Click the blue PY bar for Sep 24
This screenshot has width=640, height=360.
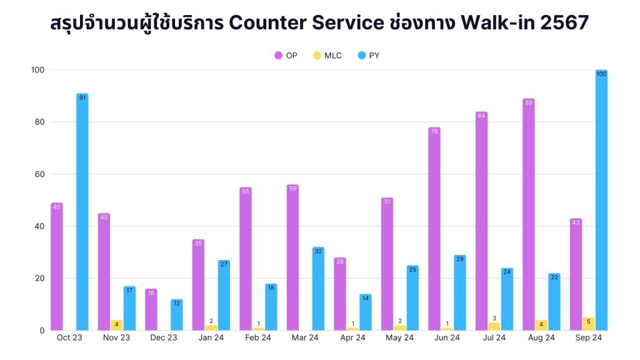coord(601,200)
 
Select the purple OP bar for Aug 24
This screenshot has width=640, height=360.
coord(529,214)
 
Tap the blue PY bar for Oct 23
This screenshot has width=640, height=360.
coord(82,212)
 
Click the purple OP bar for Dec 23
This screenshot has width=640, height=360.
coord(151,309)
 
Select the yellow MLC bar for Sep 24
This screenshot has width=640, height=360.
coord(588,324)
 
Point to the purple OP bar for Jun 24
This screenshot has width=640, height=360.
coord(434,229)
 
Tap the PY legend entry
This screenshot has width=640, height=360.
coord(368,56)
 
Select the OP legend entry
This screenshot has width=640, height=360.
coord(286,56)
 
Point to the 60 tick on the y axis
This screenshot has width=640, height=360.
coord(38,174)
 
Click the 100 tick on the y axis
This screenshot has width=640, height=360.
coord(36,69)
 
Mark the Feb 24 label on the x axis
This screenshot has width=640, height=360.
coord(258,338)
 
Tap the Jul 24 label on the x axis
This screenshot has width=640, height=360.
coord(494,338)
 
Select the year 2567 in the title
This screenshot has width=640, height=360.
coord(566,23)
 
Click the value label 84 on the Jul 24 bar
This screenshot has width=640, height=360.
coord(481,116)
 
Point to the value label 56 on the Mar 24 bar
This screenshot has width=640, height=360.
coord(292,189)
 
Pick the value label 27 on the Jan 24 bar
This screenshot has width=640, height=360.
coord(224,264)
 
